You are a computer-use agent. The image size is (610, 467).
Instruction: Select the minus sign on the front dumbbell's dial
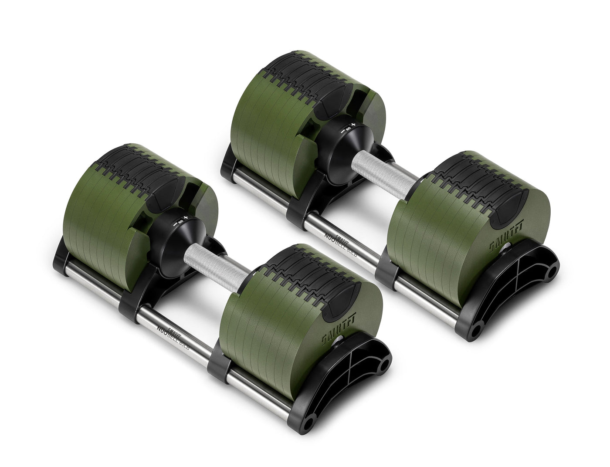(175, 223)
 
